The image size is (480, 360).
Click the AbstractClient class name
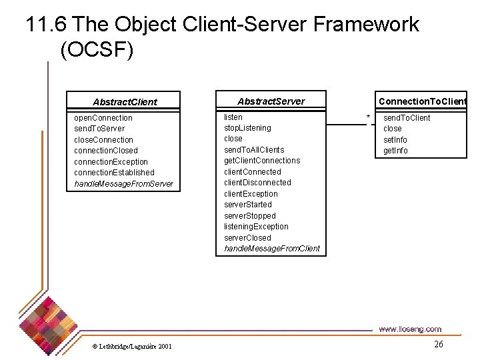125,102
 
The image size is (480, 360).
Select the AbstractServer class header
271,101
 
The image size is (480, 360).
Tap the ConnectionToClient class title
422,101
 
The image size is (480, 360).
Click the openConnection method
103,118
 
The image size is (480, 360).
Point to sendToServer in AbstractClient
99,129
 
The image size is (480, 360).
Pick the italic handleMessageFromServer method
123,184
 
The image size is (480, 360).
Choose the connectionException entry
111,162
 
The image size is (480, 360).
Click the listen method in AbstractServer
233,117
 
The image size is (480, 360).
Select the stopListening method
247,128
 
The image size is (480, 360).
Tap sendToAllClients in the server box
253,150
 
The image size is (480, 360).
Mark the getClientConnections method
262,161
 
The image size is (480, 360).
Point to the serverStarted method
248,205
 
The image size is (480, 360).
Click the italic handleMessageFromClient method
271,249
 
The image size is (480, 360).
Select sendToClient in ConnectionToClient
407,118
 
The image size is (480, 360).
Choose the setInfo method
395,140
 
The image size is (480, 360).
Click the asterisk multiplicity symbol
368,119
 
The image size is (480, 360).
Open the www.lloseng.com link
409,329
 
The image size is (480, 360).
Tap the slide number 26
438,344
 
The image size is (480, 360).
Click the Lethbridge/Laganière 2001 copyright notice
131,346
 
